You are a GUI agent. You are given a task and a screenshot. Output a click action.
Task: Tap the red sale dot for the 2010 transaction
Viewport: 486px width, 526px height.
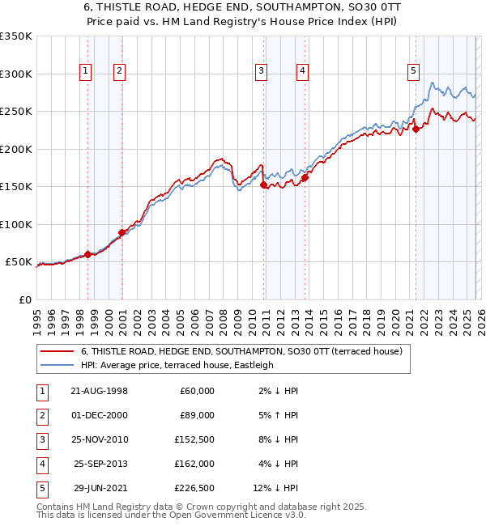pyautogui.click(x=264, y=185)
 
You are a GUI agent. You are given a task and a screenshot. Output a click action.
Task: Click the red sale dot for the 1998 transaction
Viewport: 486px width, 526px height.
pyautogui.click(x=87, y=254)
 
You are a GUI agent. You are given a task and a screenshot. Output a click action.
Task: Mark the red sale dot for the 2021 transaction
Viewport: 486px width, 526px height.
pyautogui.click(x=416, y=129)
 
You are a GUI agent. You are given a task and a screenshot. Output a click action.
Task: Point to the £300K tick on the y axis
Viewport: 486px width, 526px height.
pyautogui.click(x=16, y=74)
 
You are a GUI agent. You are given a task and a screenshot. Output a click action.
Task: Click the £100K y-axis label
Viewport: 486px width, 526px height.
pyautogui.click(x=16, y=224)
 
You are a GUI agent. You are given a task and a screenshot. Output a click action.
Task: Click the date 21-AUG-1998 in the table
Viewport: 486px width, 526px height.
pyautogui.click(x=100, y=391)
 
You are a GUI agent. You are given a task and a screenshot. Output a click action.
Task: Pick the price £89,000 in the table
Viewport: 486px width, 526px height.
pyautogui.click(x=197, y=415)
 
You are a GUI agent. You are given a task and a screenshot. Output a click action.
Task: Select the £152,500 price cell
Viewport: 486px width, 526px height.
pyautogui.click(x=194, y=439)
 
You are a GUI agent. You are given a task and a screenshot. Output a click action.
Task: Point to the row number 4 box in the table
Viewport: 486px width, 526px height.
pyautogui.click(x=40, y=464)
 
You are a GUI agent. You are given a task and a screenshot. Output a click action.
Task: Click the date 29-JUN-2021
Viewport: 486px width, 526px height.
pyautogui.click(x=100, y=488)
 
